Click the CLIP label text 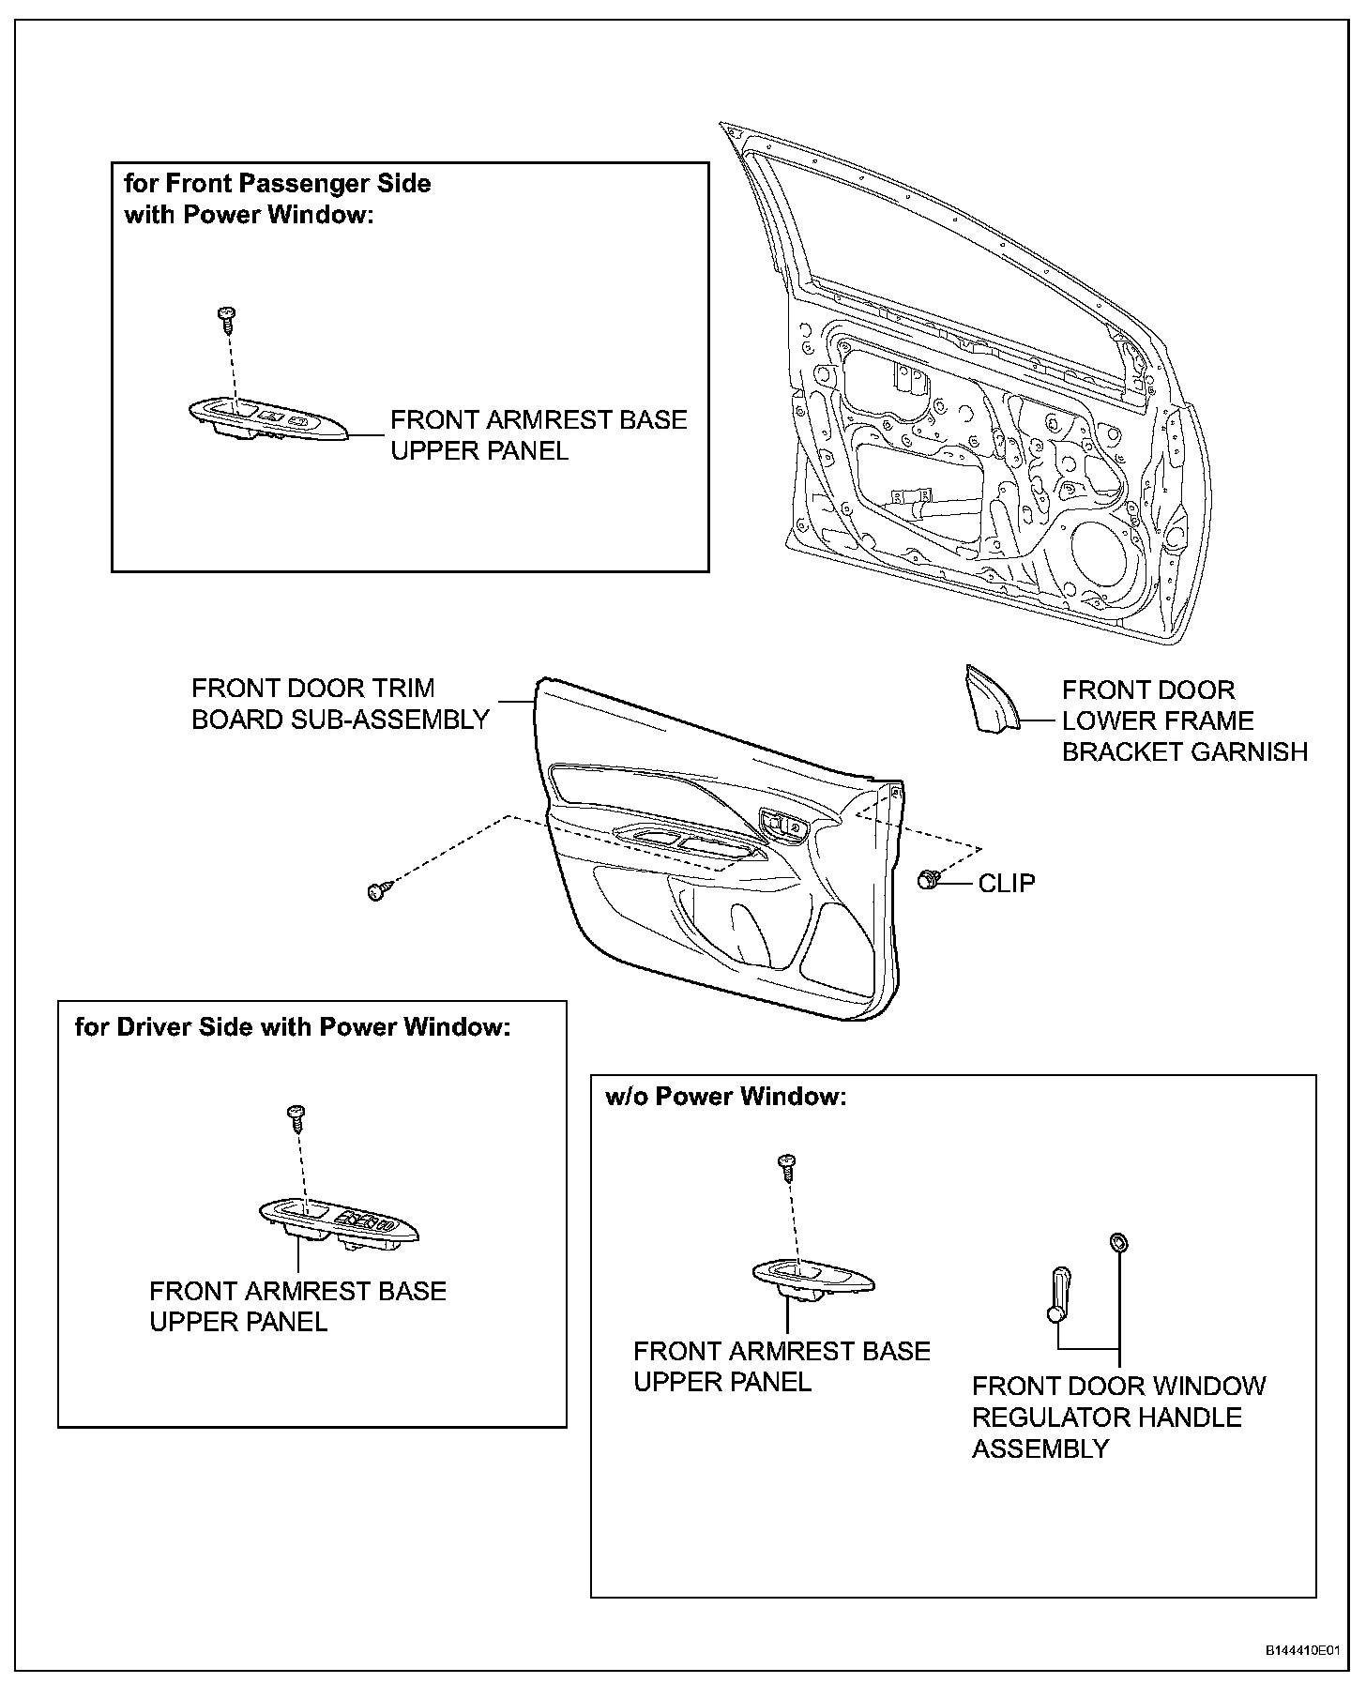pyautogui.click(x=1007, y=884)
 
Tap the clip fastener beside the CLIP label pyautogui.click(x=928, y=880)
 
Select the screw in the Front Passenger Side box pyautogui.click(x=225, y=317)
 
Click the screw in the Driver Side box pyautogui.click(x=297, y=1116)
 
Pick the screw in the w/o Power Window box pyautogui.click(x=787, y=1166)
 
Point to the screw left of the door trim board pyautogui.click(x=377, y=890)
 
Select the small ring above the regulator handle pyautogui.click(x=1118, y=1244)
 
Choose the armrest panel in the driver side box pyautogui.click(x=338, y=1223)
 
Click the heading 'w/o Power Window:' pyautogui.click(x=725, y=1097)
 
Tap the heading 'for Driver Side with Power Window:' pyautogui.click(x=293, y=1027)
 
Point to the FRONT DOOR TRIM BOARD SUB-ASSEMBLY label pyautogui.click(x=340, y=704)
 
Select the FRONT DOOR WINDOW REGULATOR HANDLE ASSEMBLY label pyautogui.click(x=1118, y=1418)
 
